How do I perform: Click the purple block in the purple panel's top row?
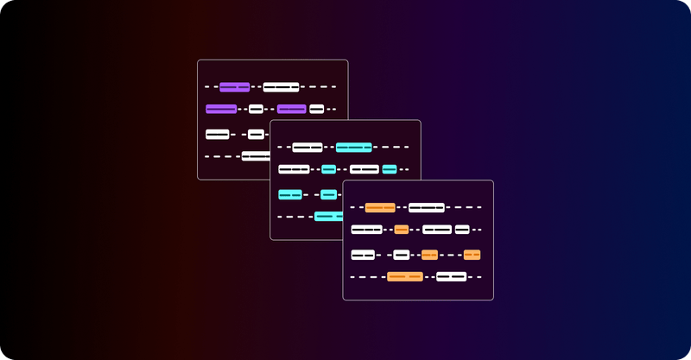coord(234,87)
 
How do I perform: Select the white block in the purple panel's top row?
coord(281,87)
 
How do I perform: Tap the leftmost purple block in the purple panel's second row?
coord(221,109)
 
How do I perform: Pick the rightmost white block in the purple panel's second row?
coord(316,109)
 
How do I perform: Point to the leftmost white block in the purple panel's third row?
coord(217,134)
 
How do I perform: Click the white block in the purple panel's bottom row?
coord(256,156)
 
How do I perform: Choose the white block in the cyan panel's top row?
coord(307,147)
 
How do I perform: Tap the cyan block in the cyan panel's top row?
coord(353,147)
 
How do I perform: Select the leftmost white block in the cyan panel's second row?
coord(294,169)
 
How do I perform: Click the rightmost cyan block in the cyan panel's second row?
coord(389,169)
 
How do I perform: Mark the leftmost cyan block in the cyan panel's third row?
coord(289,194)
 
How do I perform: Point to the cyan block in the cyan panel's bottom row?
coord(328,216)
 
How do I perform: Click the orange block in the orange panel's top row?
coord(380,207)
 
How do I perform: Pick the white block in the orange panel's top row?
coord(426,207)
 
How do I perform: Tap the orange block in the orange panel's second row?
coord(401,230)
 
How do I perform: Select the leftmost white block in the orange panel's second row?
coord(366,230)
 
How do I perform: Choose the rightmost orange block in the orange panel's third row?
coord(472,255)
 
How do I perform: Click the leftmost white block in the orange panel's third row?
coord(363,255)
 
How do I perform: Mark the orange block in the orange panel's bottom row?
coord(404,276)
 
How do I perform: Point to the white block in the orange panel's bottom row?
coord(451,276)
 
